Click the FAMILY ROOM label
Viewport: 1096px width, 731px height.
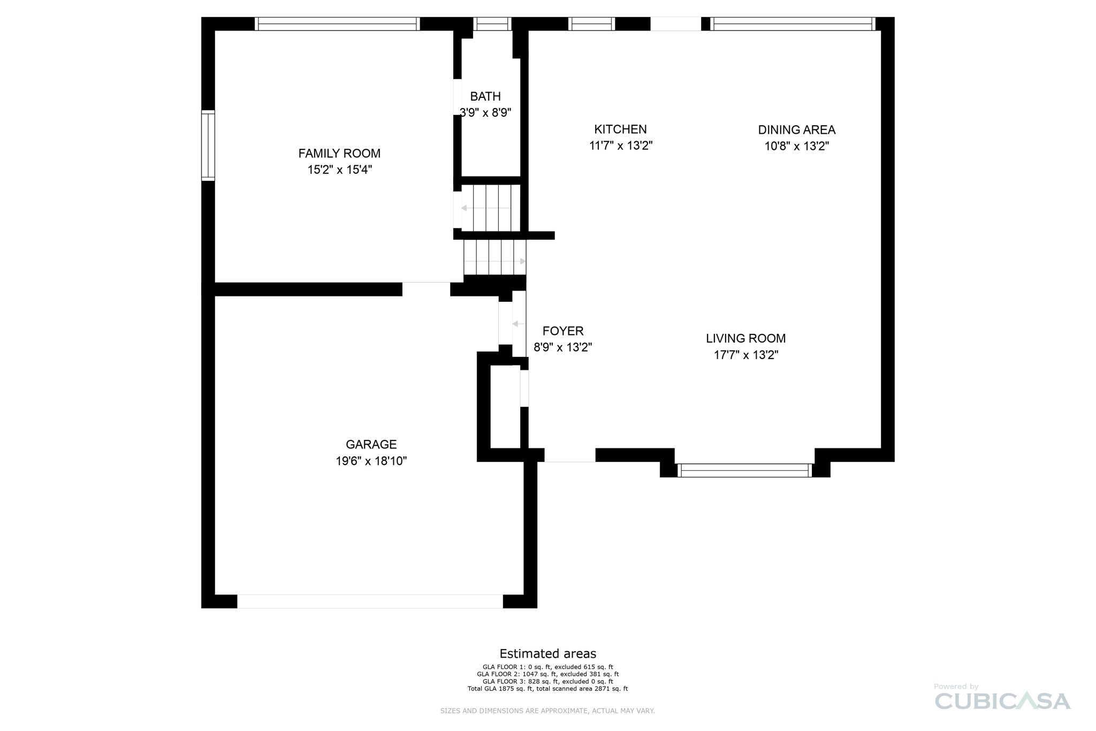point(339,154)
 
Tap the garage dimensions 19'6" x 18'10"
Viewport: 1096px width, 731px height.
point(371,461)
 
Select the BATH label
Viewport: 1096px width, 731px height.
point(485,96)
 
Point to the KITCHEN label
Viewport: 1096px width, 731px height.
point(620,129)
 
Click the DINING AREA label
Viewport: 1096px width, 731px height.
point(796,130)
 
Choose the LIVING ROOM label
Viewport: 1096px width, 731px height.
point(745,338)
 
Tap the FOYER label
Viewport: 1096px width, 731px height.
point(562,331)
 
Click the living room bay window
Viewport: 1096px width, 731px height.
point(744,470)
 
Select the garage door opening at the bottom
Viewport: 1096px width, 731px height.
point(370,601)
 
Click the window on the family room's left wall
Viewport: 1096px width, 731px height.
point(208,146)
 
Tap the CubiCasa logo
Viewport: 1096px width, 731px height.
point(1002,700)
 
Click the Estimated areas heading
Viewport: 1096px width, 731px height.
point(547,653)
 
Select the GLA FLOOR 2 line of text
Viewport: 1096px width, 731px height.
point(547,674)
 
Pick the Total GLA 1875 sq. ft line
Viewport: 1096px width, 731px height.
point(547,689)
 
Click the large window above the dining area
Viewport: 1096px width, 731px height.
point(794,24)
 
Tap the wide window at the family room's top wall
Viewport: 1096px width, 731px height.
point(337,24)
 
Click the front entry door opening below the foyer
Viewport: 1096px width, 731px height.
point(569,455)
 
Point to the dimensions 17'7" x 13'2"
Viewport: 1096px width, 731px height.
point(745,355)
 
